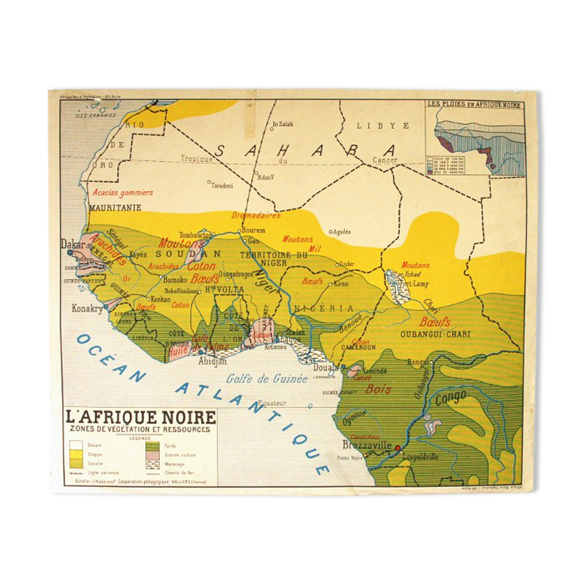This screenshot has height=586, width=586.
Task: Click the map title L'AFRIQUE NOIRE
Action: tap(140, 417)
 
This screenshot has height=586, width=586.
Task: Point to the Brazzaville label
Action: tap(366, 445)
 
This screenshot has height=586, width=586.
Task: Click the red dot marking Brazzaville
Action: tap(398, 448)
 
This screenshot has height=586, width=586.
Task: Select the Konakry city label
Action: tap(87, 308)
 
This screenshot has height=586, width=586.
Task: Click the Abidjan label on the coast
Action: tap(212, 361)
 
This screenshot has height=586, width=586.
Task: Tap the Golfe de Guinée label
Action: tap(267, 378)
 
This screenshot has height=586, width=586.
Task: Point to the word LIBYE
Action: tap(382, 126)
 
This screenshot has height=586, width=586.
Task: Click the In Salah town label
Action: tap(283, 124)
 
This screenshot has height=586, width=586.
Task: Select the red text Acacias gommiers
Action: tap(123, 193)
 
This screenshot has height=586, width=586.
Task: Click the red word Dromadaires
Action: tap(256, 216)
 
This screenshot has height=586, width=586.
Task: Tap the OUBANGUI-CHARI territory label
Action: tap(435, 334)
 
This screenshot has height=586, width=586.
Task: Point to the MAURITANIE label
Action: tap(115, 208)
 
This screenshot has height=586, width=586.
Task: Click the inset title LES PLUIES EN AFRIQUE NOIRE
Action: tap(474, 105)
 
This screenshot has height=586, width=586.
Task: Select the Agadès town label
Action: tap(341, 232)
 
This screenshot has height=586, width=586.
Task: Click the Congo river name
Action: tap(450, 398)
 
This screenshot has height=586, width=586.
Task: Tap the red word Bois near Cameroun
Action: tap(378, 389)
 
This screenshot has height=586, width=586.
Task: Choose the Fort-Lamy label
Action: tap(414, 284)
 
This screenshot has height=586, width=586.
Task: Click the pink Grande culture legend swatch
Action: tap(153, 455)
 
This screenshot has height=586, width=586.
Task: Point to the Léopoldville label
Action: tap(420, 457)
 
